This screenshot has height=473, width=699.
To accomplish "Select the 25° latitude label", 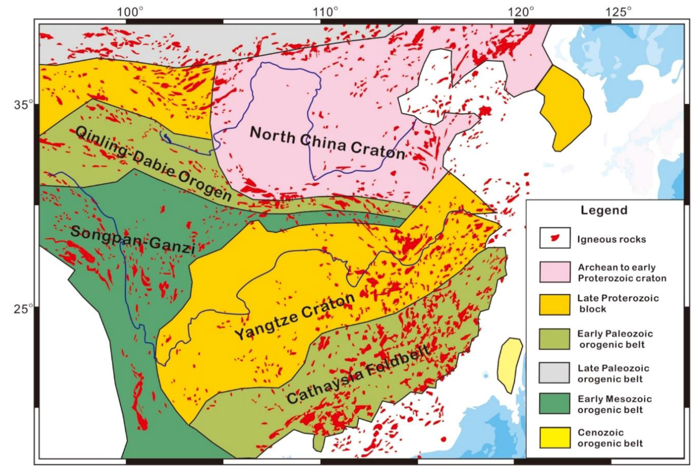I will (23, 309).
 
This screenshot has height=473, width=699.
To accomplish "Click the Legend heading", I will (604, 210).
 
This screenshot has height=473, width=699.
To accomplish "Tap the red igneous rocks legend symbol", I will (554, 238).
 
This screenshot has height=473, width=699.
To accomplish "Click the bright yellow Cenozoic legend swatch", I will (554, 438).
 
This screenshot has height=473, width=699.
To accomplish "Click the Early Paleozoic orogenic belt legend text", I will (615, 339).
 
